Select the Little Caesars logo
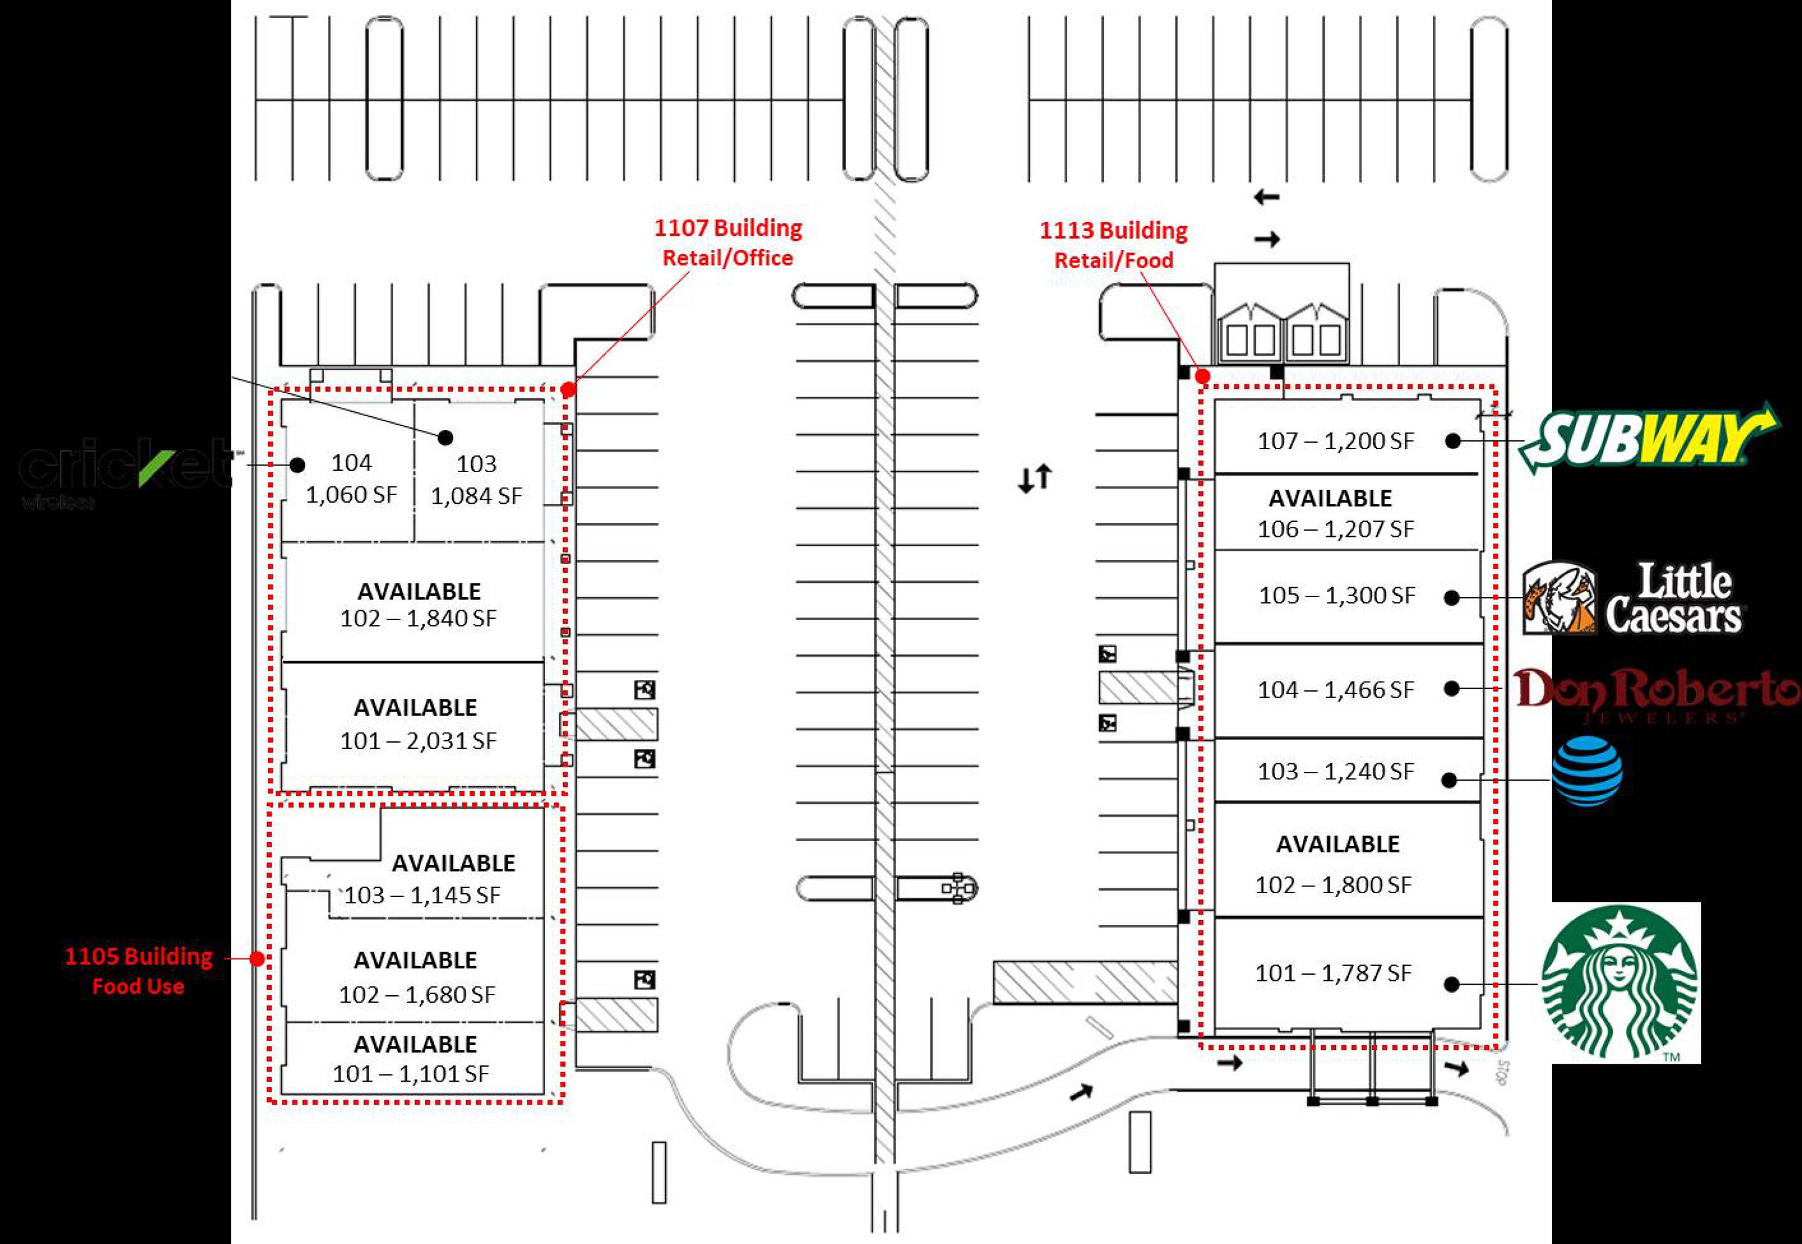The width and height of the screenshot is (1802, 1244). coord(1633,598)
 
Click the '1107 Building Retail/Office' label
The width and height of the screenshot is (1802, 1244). coord(727,243)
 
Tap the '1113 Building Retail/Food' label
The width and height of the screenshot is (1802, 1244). coord(1113,244)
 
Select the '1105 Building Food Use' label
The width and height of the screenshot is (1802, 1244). coord(139,970)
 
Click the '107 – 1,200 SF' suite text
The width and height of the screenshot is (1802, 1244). coord(1335,441)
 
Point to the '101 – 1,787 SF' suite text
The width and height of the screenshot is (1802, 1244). coord(1333,973)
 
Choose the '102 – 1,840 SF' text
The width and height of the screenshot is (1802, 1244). coord(418,619)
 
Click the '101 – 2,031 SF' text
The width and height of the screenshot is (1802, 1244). coord(418,740)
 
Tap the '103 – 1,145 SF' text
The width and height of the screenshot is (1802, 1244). coord(422,895)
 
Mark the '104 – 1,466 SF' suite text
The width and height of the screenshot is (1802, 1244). coord(1335,690)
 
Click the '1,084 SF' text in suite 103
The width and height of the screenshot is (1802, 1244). coord(477,496)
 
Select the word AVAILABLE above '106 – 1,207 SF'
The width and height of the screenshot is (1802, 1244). coord(1330,498)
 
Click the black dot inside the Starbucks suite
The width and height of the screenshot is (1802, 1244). coord(1451,985)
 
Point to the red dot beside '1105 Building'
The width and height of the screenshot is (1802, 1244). coord(258,959)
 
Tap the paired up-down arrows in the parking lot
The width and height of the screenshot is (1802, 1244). coord(1035,478)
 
